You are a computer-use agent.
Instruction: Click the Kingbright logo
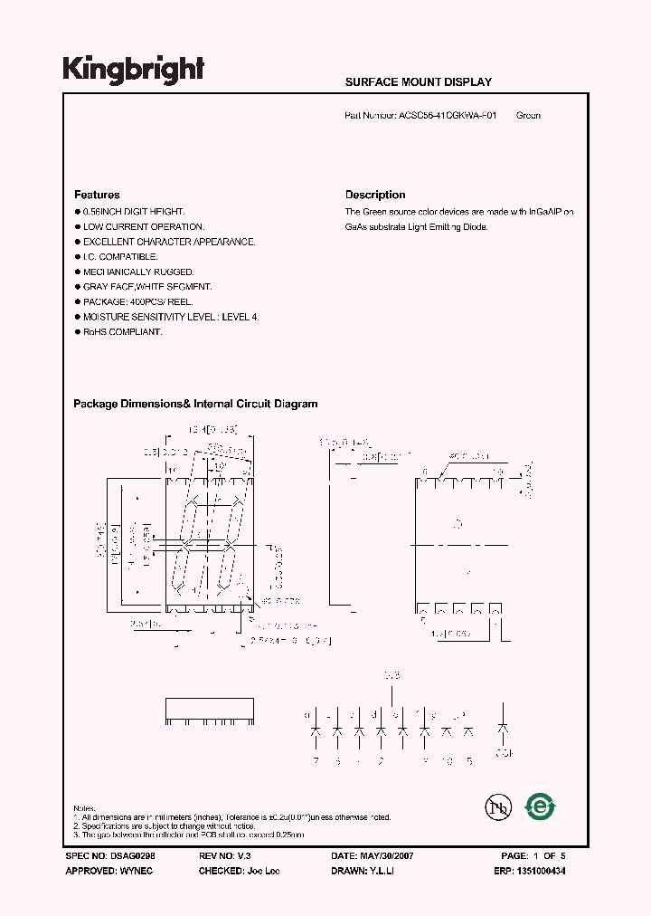coord(133,70)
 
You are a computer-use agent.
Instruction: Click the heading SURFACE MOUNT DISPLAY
coord(418,82)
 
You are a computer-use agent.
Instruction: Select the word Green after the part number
coord(528,116)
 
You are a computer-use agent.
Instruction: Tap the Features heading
coord(97,195)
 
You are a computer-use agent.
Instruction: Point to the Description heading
coord(375,195)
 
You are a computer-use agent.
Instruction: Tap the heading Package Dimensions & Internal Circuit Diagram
coord(195,405)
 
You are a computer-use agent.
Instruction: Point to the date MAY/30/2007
coord(389,855)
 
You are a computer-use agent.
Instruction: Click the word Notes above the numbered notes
coord(84,807)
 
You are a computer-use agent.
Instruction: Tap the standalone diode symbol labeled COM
coord(504,728)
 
